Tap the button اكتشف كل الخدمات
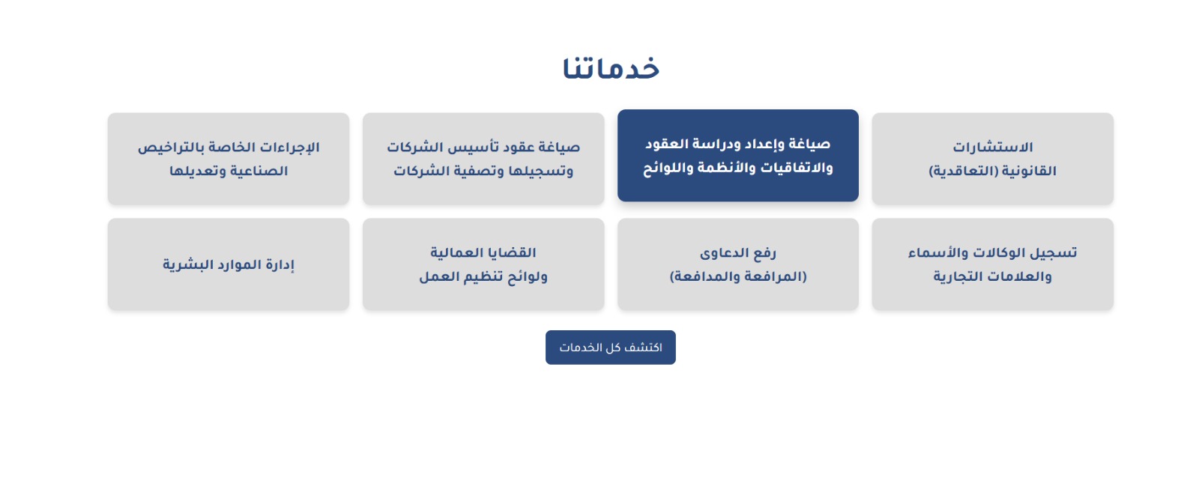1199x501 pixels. coord(611,347)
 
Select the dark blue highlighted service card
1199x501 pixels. coord(738,156)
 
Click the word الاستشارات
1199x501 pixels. coord(993,147)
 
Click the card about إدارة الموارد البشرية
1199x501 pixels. coord(229,264)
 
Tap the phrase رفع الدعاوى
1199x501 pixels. coord(738,253)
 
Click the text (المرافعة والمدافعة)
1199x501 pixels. coord(738,277)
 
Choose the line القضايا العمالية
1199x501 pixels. coord(483,253)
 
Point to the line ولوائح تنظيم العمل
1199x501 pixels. coord(483,277)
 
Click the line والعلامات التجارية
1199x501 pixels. coord(993,277)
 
